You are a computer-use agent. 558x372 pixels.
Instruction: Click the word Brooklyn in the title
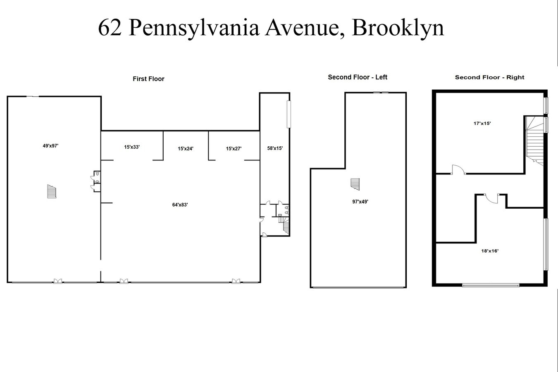398,28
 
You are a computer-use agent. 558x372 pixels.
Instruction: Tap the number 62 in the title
110,28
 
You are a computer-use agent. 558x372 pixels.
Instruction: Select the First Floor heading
148,79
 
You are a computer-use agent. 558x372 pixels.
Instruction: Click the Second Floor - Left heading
358,77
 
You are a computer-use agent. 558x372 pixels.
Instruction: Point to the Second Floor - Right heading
489,77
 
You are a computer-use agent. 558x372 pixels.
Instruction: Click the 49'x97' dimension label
50,145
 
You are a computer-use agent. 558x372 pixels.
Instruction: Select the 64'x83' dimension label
180,205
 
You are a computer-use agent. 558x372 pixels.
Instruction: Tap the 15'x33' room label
132,147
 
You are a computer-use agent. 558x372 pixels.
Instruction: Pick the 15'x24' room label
186,148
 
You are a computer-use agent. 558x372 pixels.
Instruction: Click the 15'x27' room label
234,148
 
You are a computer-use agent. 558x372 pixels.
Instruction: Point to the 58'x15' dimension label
275,148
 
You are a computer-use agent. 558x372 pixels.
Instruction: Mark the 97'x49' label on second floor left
360,202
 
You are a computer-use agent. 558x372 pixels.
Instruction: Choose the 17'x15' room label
482,123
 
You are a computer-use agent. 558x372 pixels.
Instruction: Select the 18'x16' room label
490,250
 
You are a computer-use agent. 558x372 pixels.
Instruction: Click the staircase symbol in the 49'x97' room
51,191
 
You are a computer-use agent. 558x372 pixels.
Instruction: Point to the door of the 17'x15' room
458,170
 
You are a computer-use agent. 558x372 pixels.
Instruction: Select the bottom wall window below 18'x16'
490,285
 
